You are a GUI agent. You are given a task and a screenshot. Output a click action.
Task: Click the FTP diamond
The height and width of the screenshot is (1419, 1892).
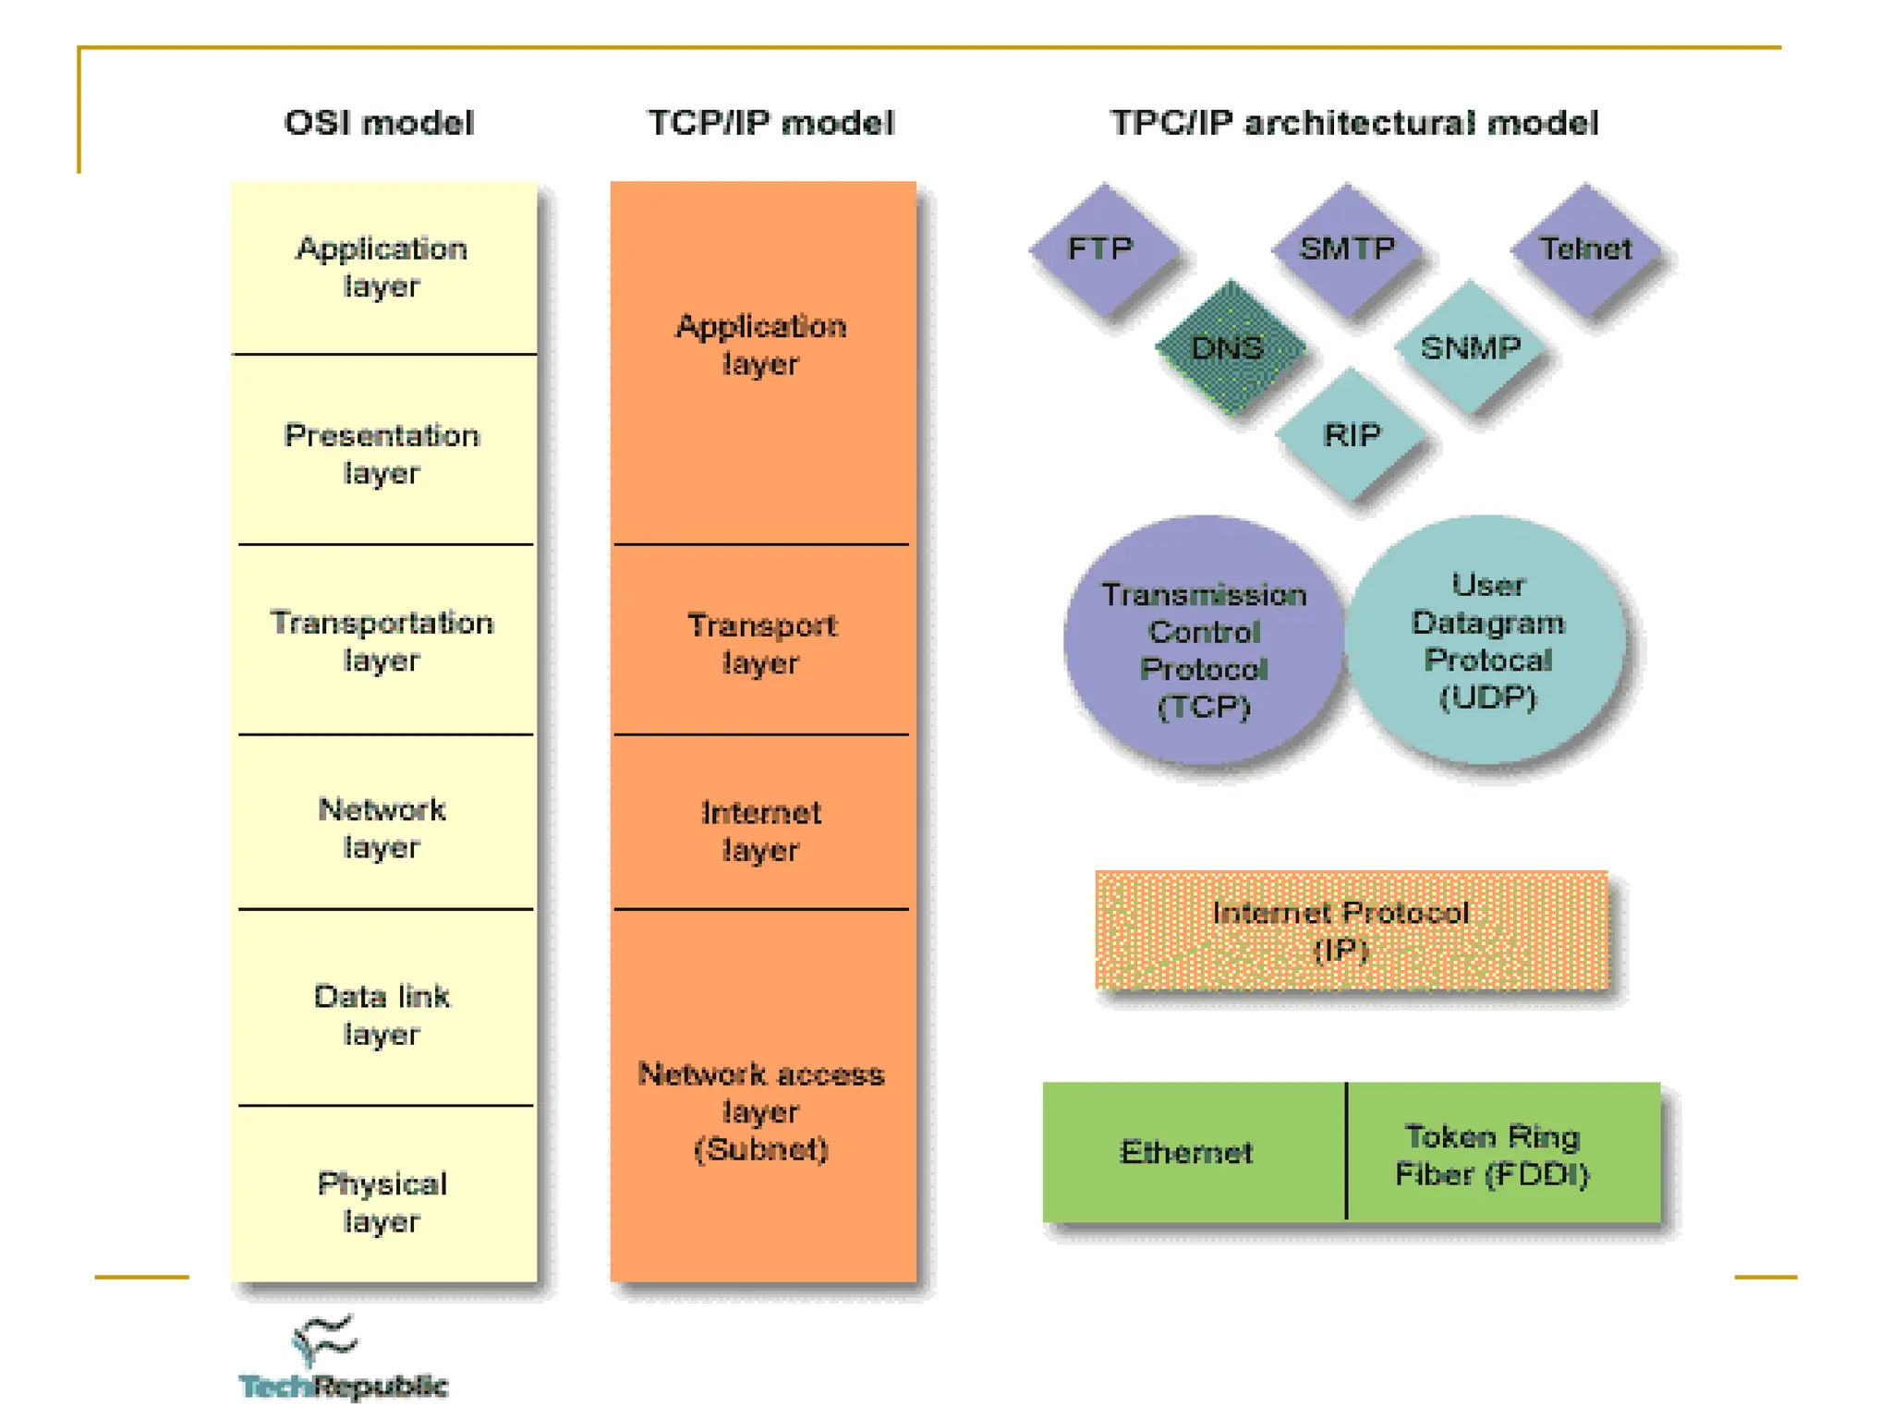(1103, 249)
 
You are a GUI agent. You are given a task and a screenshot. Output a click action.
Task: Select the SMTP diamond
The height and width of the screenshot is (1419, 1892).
(1346, 249)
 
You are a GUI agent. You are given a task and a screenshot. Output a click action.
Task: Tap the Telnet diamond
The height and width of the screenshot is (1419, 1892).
(1585, 249)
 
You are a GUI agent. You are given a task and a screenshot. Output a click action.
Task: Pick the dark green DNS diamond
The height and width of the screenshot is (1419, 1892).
(1229, 348)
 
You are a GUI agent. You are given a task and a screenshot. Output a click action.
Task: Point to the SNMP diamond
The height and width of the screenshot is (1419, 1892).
(1470, 348)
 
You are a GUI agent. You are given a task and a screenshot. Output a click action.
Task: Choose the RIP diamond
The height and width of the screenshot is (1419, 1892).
(1352, 434)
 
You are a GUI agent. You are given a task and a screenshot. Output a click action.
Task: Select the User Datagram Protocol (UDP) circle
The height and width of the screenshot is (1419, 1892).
(1487, 640)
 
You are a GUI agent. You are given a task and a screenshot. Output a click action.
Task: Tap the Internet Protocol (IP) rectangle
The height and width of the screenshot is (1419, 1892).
(1351, 930)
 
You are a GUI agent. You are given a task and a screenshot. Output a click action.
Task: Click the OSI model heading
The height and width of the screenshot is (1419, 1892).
(379, 123)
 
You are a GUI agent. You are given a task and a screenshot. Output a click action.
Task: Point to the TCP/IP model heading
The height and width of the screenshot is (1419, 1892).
(770, 123)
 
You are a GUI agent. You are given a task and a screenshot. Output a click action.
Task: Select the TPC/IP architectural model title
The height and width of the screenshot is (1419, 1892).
(1353, 123)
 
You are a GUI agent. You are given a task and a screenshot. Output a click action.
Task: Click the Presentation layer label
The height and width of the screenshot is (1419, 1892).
(382, 454)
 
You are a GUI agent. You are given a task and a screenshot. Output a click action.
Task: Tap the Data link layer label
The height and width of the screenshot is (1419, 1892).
(382, 1014)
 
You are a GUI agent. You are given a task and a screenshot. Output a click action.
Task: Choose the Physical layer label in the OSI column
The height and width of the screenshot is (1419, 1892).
(382, 1201)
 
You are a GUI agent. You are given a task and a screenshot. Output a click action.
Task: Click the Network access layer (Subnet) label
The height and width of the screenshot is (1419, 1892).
(761, 1111)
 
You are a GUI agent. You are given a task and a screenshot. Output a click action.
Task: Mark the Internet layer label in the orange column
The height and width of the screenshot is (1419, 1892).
(761, 831)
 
